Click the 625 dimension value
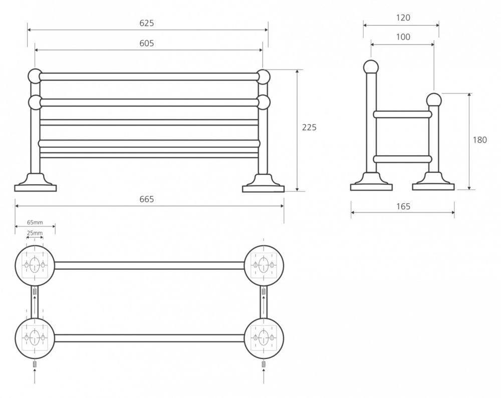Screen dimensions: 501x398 pyautogui.click(x=147, y=23)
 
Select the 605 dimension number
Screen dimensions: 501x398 pyautogui.click(x=147, y=43)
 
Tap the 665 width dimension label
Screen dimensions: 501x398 pyautogui.click(x=147, y=199)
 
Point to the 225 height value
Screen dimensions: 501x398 pyautogui.click(x=309, y=127)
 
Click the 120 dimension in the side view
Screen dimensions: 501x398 pyautogui.click(x=403, y=18)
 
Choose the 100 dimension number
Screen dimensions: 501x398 pyautogui.click(x=403, y=37)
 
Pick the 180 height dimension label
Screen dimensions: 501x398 pyautogui.click(x=479, y=140)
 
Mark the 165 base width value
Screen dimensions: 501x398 pyautogui.click(x=403, y=206)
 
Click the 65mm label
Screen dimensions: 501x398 pyautogui.click(x=35, y=222)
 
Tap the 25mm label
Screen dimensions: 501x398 pyautogui.click(x=35, y=233)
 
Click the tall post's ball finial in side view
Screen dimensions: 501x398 pyautogui.click(x=371, y=68)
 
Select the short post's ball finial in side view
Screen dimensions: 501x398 pyautogui.click(x=434, y=100)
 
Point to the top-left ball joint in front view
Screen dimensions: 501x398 pyautogui.click(x=35, y=76)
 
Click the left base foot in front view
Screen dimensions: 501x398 pyautogui.click(x=36, y=183)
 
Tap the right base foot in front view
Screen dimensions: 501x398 pyautogui.click(x=264, y=183)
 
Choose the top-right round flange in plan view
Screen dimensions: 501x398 pyautogui.click(x=264, y=265)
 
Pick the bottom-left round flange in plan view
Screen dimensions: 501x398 pyautogui.click(x=35, y=338)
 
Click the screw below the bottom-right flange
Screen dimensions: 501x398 pyautogui.click(x=264, y=364)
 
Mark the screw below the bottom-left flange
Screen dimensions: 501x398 pyautogui.click(x=35, y=364)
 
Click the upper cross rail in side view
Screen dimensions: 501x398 pyautogui.click(x=403, y=114)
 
